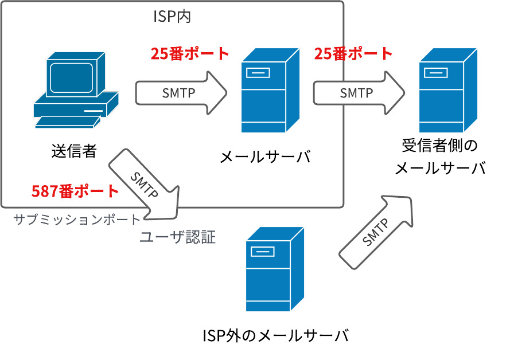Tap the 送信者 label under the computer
point(73,151)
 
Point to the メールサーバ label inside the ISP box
point(265,156)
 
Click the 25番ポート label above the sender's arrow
point(190,54)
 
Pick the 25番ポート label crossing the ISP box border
point(353,54)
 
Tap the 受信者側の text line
point(439,145)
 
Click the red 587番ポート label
point(75,191)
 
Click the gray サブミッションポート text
point(76,220)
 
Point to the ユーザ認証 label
point(178,237)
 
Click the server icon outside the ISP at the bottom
point(275,269)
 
